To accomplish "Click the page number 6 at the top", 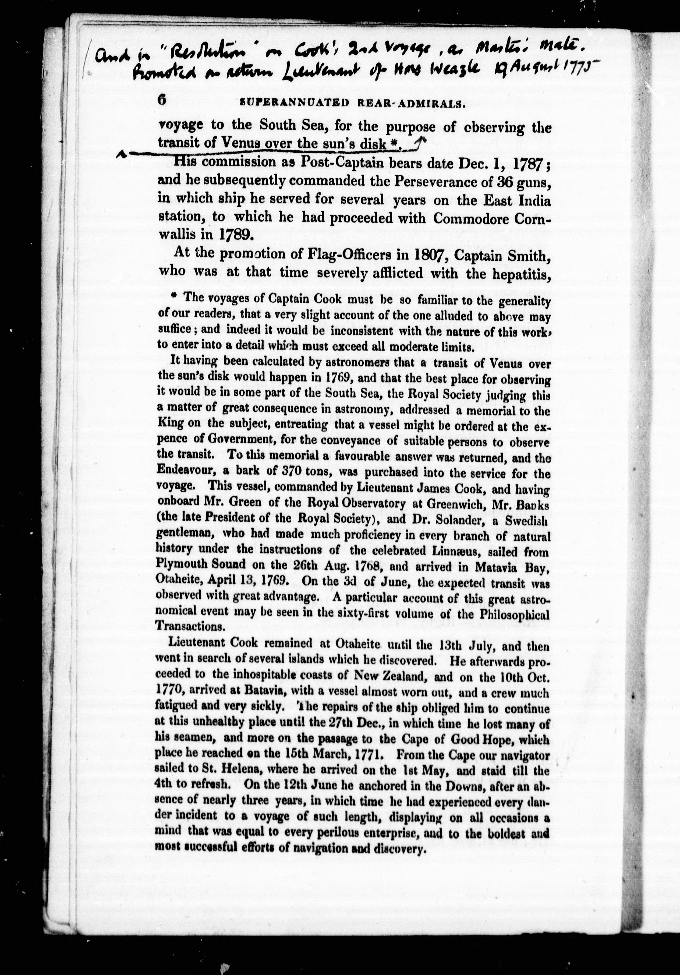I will point(162,100).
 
